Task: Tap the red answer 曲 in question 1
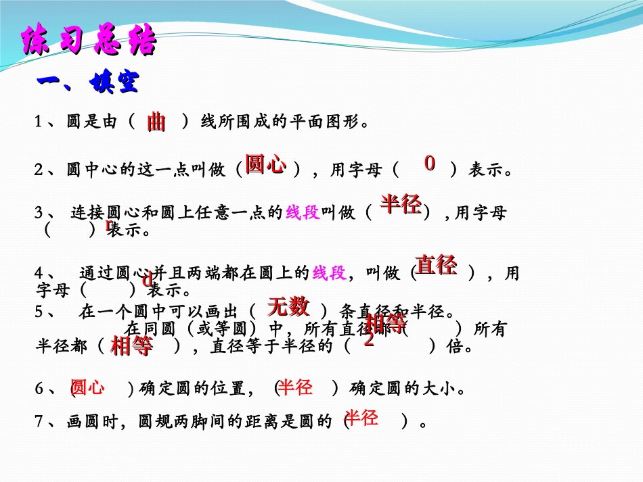point(156,122)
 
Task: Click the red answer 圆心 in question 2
point(265,164)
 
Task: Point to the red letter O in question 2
point(430,163)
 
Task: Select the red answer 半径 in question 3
point(401,203)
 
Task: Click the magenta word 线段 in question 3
point(303,214)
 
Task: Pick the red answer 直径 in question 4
point(436,264)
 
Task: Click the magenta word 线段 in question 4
point(329,273)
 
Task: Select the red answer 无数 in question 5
point(288,306)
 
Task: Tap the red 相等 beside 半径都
point(131,346)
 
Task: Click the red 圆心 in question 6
point(88,387)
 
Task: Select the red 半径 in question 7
point(361,418)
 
